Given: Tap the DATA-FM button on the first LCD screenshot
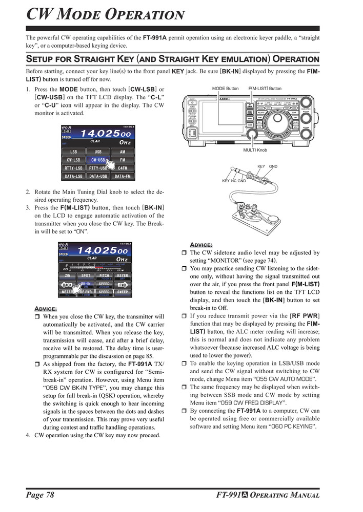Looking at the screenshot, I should [x=122, y=176].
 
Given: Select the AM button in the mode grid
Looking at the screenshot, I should [x=122, y=152].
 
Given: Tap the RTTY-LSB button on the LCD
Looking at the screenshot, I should [x=74, y=168].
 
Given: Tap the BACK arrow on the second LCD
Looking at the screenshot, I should [x=67, y=284].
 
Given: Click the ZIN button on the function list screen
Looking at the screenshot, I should [x=68, y=275].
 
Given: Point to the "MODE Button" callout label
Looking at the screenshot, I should [x=225, y=89].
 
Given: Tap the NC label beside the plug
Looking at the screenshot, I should [x=234, y=181].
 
